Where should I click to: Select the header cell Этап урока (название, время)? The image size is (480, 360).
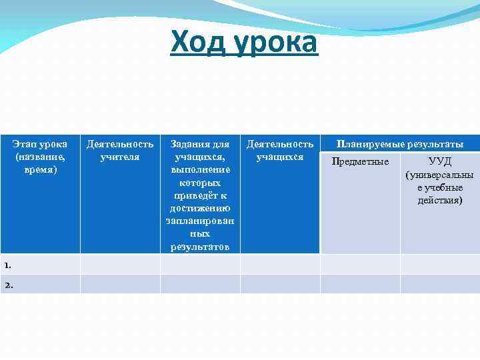40,157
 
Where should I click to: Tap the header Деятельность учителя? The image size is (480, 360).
120,150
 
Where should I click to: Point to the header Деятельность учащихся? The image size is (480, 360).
280,150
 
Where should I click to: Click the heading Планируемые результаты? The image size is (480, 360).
400,144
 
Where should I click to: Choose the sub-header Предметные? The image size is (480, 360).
360,162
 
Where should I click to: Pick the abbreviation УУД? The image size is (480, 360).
440,162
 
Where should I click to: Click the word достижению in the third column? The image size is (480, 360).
200,208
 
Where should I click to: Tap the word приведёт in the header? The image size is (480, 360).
200,195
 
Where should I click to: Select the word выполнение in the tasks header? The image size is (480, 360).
200,169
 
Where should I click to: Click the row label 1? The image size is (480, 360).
7,265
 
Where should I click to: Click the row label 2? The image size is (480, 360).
8,285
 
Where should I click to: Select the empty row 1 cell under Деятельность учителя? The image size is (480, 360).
120,265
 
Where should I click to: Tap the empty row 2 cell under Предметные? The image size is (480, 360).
360,285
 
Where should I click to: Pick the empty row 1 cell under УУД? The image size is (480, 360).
440,265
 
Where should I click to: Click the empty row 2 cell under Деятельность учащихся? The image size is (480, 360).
280,285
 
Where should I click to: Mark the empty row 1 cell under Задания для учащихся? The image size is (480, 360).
200,265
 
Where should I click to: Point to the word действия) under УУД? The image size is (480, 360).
440,200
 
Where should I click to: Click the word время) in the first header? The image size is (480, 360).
40,170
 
